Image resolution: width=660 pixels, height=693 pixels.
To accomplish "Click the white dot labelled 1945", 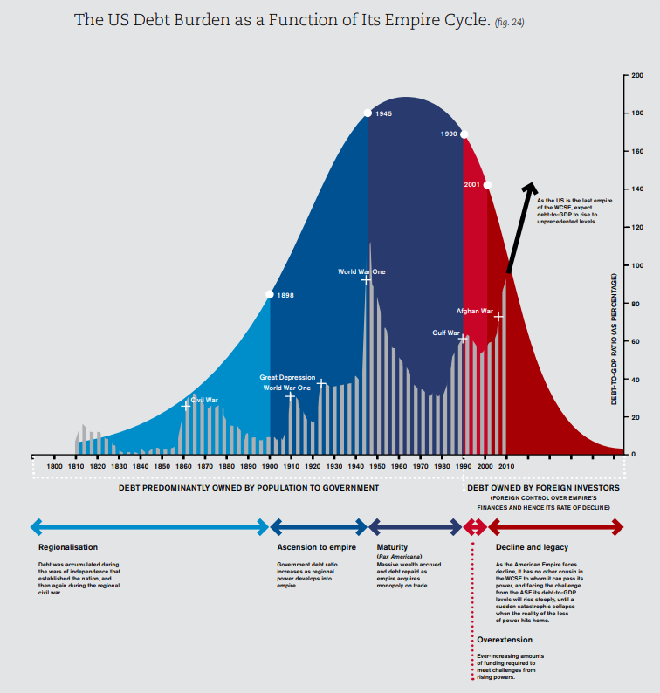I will [368, 113].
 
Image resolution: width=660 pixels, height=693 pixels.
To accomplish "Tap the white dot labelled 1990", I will [464, 134].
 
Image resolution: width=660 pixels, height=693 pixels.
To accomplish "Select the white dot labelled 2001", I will [487, 185].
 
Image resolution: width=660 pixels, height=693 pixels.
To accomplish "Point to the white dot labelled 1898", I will [270, 295].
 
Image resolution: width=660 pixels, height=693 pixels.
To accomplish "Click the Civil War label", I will [204, 400].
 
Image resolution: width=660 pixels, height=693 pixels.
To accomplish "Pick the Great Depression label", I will [287, 377].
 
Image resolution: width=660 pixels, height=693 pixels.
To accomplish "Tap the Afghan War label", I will [475, 311].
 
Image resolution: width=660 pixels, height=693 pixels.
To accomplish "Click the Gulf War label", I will [445, 333].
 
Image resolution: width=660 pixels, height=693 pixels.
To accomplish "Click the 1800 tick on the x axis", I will [54, 467].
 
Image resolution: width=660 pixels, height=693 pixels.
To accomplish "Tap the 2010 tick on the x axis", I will [505, 467].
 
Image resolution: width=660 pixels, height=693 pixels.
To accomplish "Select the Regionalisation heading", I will [68, 547].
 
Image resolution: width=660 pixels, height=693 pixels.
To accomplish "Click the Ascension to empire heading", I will [316, 547].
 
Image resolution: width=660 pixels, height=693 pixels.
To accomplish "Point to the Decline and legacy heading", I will [532, 547].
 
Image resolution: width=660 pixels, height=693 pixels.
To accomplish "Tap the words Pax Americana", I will [400, 556].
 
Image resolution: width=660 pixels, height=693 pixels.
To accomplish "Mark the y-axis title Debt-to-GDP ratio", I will [615, 339].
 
